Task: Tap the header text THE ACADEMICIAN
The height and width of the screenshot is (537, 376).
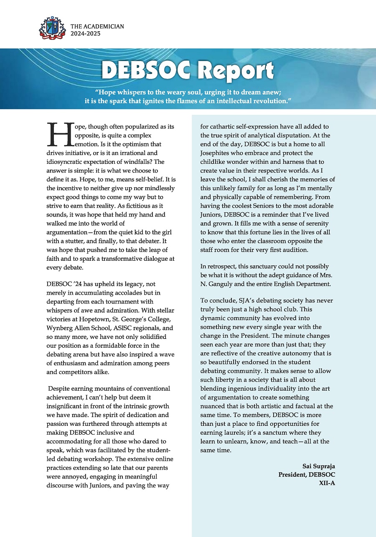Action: click(x=97, y=26)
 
